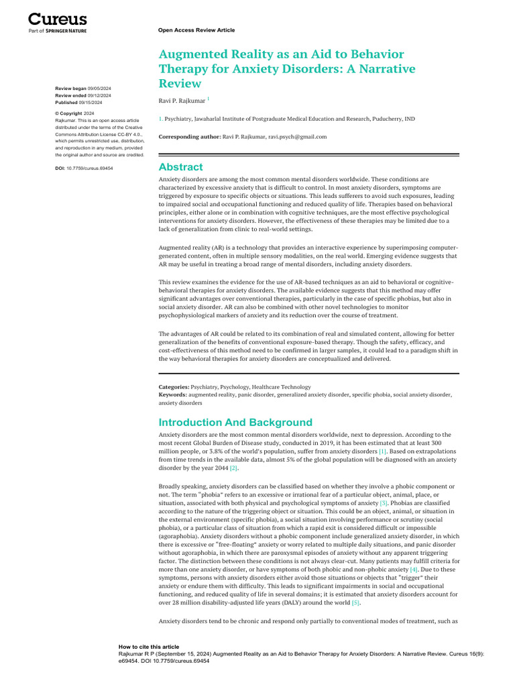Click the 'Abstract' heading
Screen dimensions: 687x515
(x=180, y=167)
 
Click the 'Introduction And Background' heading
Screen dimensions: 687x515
(x=235, y=422)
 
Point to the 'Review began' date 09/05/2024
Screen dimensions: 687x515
(x=103, y=89)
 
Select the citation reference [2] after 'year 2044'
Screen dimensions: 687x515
(x=234, y=468)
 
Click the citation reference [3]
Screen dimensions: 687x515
(x=384, y=503)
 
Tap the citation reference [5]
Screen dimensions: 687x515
(x=355, y=602)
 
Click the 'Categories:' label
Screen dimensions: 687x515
(x=174, y=387)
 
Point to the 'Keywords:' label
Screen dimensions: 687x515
(x=173, y=395)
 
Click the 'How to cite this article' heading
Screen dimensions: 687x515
(x=149, y=647)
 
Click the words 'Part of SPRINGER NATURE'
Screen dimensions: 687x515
(x=58, y=31)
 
